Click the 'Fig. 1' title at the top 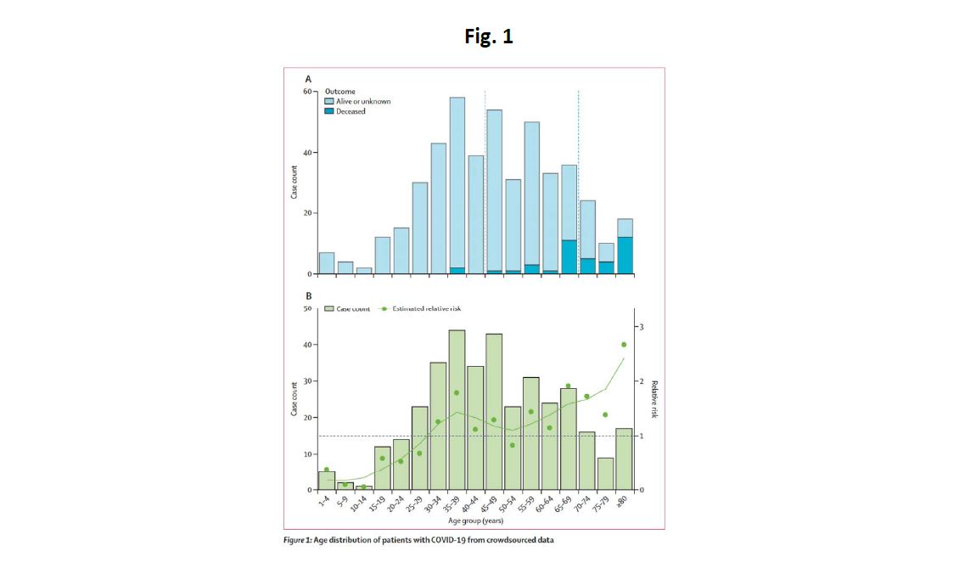489,37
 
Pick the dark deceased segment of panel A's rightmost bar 625,255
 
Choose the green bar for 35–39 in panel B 457,416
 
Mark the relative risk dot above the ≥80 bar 624,344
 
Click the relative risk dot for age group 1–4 327,470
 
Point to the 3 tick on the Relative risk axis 642,327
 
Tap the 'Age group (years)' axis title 480,521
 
